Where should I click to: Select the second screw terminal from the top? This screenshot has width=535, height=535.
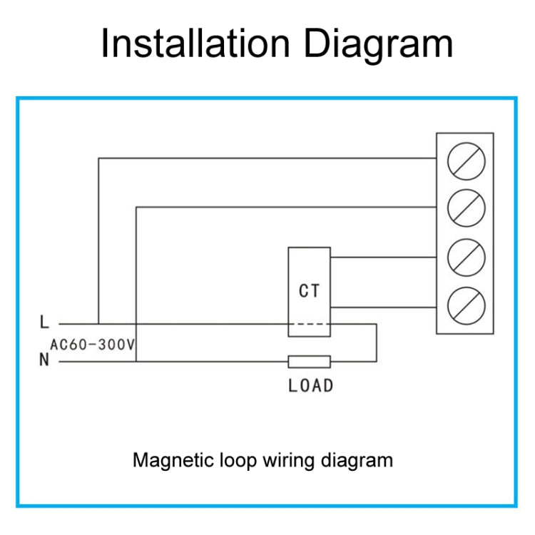466,208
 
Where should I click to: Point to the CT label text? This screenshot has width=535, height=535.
309,291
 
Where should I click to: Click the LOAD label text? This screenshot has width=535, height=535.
310,386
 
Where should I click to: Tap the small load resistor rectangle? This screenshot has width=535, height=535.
309,361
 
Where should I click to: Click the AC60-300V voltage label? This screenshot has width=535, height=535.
93,345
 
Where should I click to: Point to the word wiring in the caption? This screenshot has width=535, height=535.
282,459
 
